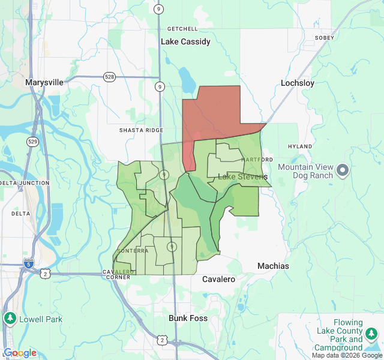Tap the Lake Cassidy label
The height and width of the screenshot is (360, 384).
(x=186, y=42)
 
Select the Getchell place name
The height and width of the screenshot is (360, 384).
(x=182, y=29)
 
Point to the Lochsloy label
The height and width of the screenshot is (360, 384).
(x=298, y=83)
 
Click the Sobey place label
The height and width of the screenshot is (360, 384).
(x=324, y=37)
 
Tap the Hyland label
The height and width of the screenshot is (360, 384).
(x=300, y=146)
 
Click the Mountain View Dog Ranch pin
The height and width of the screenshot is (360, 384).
(x=343, y=171)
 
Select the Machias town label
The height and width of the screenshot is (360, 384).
(x=273, y=266)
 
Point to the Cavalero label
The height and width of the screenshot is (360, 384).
(x=218, y=279)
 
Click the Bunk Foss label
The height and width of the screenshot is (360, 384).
(x=188, y=318)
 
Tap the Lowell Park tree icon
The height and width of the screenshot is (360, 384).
(x=10, y=319)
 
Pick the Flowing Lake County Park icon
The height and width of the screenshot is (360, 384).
(x=372, y=333)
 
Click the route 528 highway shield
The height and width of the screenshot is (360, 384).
(x=109, y=77)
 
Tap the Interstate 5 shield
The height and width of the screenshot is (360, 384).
(x=29, y=263)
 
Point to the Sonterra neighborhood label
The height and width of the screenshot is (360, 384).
(x=133, y=251)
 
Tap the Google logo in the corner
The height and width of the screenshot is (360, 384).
(x=20, y=353)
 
